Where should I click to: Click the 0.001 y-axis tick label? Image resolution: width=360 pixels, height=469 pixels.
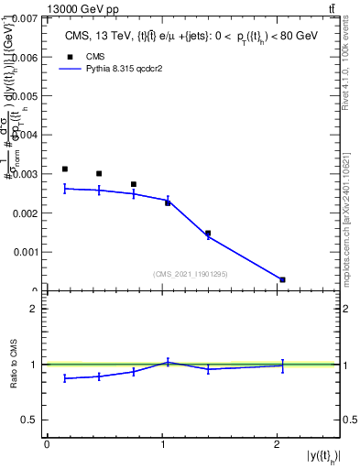click(26, 252)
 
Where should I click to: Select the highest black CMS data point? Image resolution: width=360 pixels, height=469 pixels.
click(64, 169)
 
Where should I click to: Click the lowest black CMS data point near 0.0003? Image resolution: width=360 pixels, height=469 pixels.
click(282, 279)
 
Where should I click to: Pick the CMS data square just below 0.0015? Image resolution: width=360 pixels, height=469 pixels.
click(208, 234)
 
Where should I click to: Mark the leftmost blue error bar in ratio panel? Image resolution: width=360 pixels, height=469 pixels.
click(64, 377)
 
